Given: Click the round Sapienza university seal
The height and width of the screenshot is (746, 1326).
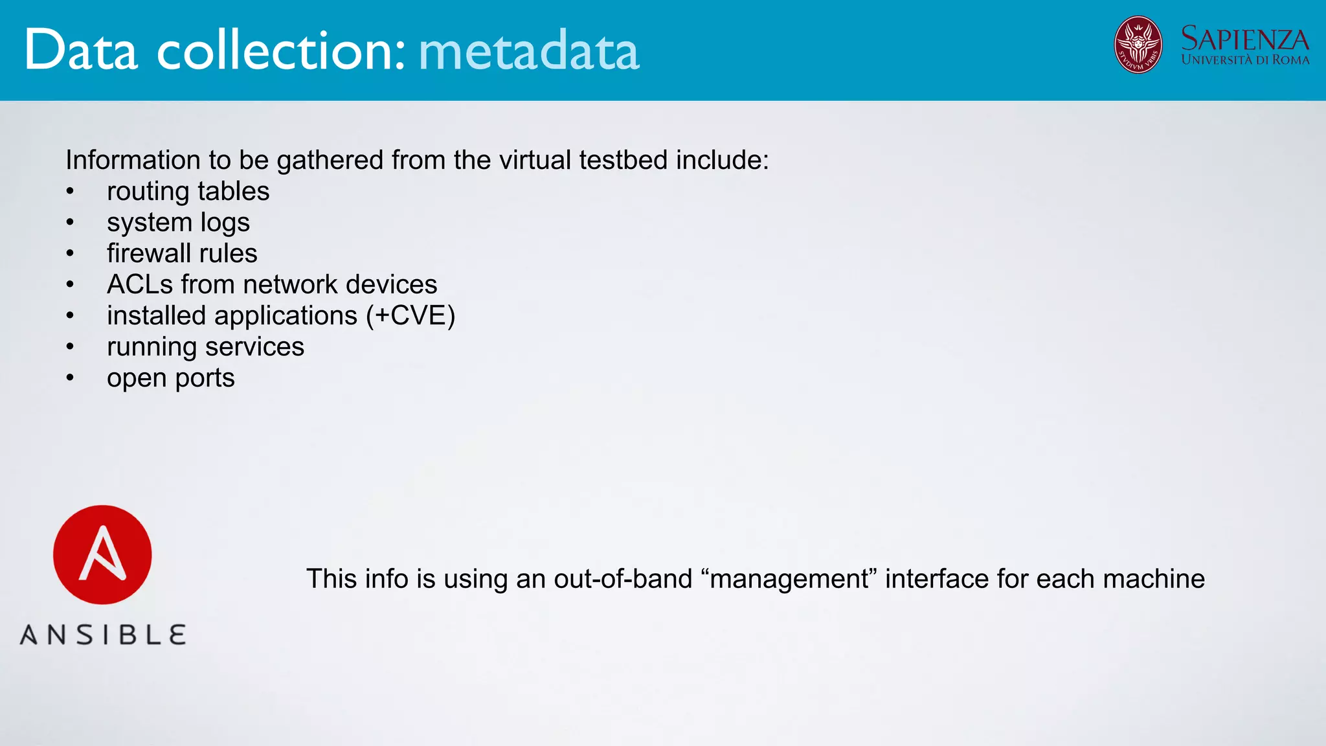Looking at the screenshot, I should (x=1138, y=45).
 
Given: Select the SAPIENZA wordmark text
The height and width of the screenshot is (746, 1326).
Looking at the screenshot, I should (x=1244, y=39).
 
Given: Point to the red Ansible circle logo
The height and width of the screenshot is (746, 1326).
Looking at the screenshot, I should (x=102, y=555).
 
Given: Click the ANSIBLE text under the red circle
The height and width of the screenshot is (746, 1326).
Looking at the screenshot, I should (x=103, y=635).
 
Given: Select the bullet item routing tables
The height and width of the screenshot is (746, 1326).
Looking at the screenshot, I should (x=188, y=192).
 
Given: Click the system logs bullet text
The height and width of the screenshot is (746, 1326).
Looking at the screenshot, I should (x=178, y=223).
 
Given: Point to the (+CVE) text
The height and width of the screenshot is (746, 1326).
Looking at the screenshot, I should (x=410, y=316).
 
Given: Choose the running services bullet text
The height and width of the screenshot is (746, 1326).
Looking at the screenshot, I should (x=205, y=347).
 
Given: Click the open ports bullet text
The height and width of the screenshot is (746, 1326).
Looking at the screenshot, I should (x=170, y=378).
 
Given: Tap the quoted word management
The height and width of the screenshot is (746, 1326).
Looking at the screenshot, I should (x=789, y=579).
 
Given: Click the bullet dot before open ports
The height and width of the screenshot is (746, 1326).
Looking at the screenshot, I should (x=70, y=378).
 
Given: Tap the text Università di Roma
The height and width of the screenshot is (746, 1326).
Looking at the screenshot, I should (x=1244, y=60).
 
